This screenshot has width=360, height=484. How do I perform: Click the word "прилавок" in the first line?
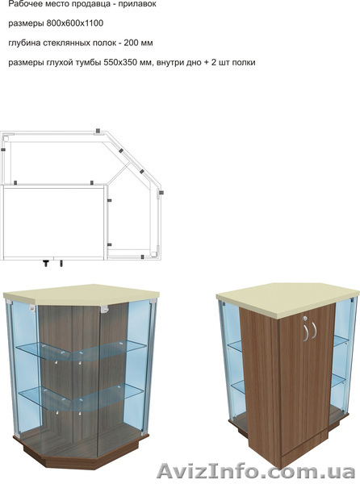click(x=138, y=4)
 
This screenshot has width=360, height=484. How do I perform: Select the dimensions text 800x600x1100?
click(x=75, y=23)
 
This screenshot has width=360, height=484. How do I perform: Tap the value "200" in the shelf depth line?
click(x=130, y=43)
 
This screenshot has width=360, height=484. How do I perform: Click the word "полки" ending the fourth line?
click(x=244, y=63)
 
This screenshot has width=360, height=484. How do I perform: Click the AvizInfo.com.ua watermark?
click(x=256, y=472)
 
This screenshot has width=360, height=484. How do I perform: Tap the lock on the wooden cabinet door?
click(x=305, y=318)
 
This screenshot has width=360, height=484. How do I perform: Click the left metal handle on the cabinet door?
click(x=305, y=332)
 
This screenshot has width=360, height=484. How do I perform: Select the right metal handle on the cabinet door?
click(x=314, y=330)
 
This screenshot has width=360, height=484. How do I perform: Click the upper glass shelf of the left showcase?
click(x=81, y=350)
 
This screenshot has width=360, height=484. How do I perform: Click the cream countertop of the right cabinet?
click(x=287, y=299)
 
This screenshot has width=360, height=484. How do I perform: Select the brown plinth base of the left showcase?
click(x=81, y=453)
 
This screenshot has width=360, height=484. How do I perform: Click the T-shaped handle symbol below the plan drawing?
click(x=46, y=263)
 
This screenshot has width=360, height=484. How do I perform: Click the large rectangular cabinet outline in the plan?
click(x=54, y=223)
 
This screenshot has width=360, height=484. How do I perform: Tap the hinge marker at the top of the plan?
click(x=98, y=131)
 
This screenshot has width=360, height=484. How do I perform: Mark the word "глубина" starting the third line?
click(x=24, y=43)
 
